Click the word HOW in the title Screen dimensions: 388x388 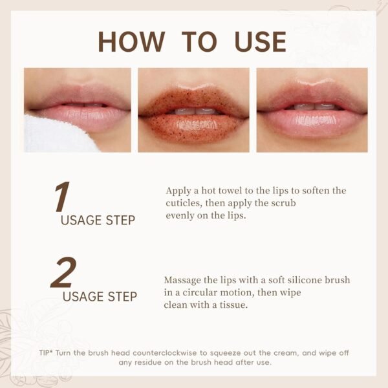pos(131,41)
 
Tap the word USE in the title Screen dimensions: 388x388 pos(261,41)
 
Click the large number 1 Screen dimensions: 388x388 pos(61,197)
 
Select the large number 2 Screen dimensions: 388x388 pos(63,272)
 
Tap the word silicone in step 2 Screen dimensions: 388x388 pos(304,280)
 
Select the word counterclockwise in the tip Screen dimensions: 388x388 pos(164,353)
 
